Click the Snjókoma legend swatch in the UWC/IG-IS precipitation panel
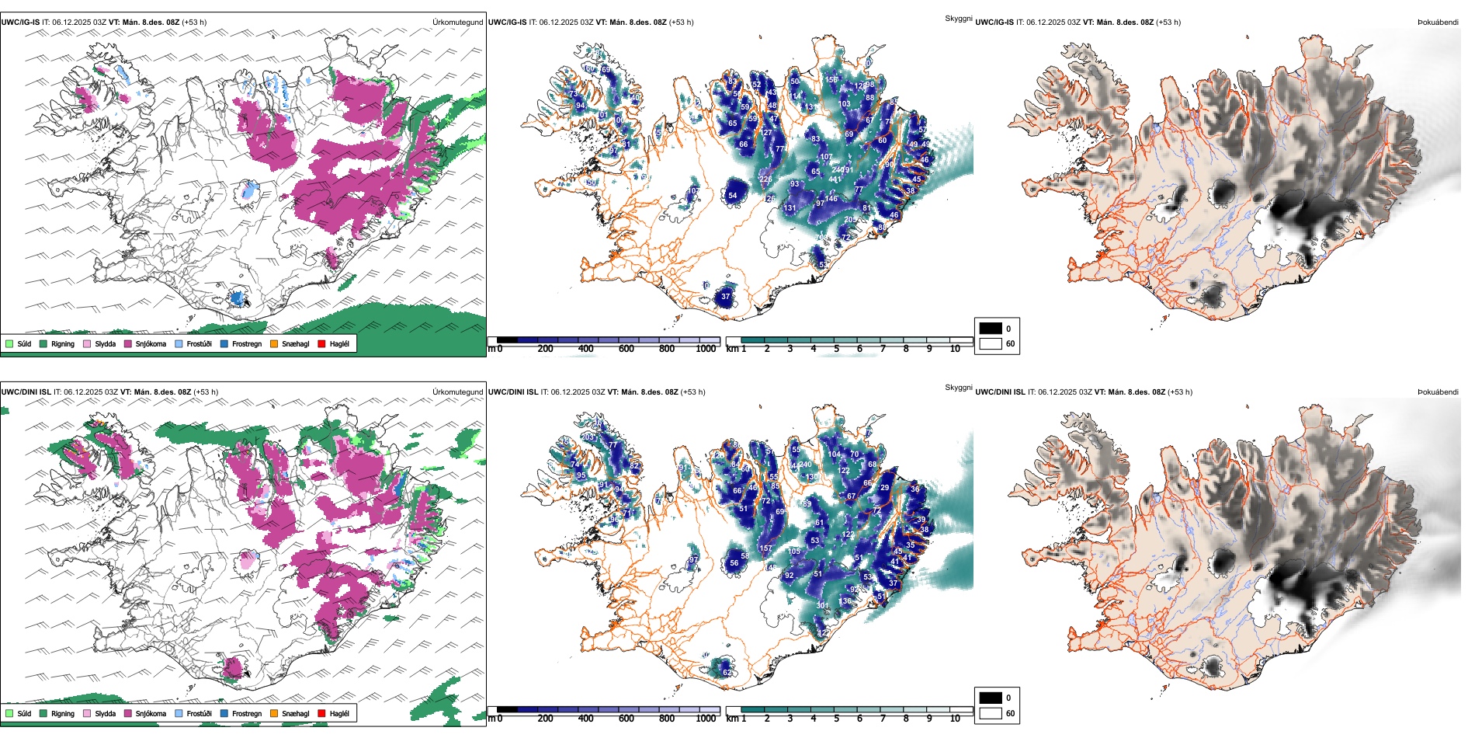point(128,343)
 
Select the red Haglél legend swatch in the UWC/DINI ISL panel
point(321,713)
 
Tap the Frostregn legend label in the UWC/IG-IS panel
point(247,343)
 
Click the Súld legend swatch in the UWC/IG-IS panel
point(9,343)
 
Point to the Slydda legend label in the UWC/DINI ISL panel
point(105,713)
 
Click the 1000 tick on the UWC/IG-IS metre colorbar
point(706,349)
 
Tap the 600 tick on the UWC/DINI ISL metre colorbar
point(626,719)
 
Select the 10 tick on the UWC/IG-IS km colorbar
point(955,349)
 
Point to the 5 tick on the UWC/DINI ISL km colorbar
point(837,719)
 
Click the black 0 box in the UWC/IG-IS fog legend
point(991,329)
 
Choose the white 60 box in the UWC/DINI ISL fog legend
point(991,713)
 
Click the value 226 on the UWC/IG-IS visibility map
point(765,179)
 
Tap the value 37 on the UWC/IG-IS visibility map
point(726,297)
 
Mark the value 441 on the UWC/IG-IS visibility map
point(835,179)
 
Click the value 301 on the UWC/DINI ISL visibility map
point(822,606)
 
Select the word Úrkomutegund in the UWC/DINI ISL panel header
point(457,392)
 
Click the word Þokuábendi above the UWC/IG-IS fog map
point(1438,23)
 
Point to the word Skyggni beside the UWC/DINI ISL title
point(958,387)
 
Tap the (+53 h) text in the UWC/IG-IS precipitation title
point(194,23)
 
